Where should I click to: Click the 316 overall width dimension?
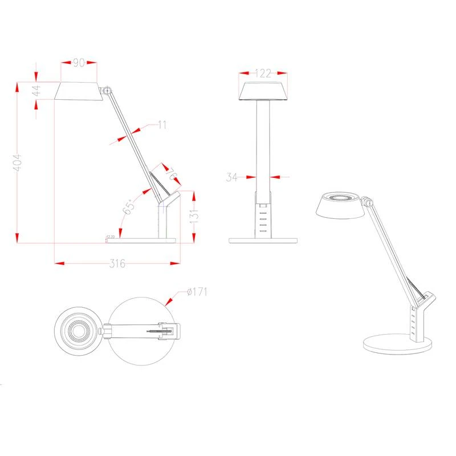click(x=117, y=263)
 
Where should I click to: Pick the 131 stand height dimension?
click(x=194, y=216)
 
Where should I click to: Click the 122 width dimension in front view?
click(x=263, y=73)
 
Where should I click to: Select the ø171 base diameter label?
click(x=197, y=292)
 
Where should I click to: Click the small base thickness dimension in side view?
click(x=111, y=236)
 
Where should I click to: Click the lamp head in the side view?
click(x=79, y=91)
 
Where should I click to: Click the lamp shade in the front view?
click(x=263, y=92)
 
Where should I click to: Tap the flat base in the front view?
click(x=263, y=240)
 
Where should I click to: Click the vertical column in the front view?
click(x=263, y=148)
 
